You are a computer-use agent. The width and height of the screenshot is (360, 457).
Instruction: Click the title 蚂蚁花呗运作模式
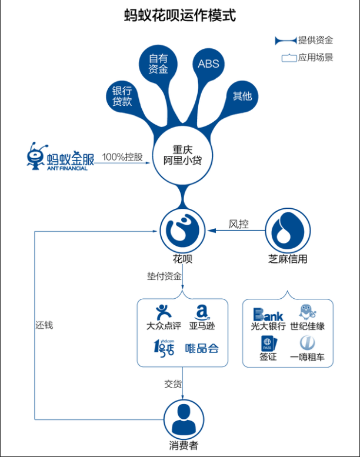[180, 15]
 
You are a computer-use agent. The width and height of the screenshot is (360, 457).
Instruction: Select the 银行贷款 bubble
[122, 96]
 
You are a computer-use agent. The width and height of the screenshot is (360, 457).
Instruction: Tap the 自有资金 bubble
[158, 64]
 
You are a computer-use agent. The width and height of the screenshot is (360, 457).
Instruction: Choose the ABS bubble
[208, 64]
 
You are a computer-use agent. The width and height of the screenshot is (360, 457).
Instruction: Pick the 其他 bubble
[242, 96]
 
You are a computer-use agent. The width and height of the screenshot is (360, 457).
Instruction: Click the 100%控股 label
[122, 157]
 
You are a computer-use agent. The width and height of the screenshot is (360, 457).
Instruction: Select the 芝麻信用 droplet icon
[287, 230]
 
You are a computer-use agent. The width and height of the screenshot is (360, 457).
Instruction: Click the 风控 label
[238, 224]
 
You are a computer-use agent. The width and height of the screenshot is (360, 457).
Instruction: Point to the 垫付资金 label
[164, 276]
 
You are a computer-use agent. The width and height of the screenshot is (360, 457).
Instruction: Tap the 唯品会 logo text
[202, 348]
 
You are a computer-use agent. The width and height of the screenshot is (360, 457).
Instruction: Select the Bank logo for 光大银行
[268, 314]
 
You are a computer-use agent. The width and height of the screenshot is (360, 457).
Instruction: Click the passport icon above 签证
[268, 343]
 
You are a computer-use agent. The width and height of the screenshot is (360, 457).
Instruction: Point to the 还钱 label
[44, 324]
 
